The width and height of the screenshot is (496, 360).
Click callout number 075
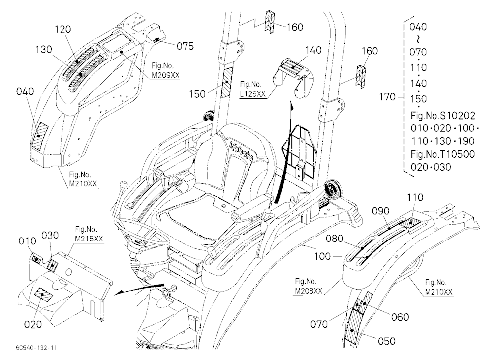point(185,46)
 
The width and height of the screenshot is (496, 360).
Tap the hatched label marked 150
point(227,82)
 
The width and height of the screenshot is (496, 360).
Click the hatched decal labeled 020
point(44,295)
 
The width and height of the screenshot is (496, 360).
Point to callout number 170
point(387,97)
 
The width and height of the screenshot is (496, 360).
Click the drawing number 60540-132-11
point(36,348)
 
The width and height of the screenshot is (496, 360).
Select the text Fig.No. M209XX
point(166,70)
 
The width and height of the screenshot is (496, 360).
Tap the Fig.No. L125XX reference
point(252,89)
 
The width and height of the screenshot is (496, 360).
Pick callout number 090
point(381,211)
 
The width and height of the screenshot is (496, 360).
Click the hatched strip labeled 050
point(354,325)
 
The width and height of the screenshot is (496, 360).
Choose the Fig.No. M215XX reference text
point(89,234)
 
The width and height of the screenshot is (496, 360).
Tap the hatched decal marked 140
point(293,67)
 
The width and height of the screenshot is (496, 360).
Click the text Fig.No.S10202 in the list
point(442,116)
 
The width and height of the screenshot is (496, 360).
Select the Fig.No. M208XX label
point(309,286)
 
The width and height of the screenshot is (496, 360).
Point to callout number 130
point(44,50)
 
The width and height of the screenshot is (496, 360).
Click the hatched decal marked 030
point(51,264)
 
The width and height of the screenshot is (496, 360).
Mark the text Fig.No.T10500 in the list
point(442,154)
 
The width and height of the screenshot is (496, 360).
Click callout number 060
point(400,317)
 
